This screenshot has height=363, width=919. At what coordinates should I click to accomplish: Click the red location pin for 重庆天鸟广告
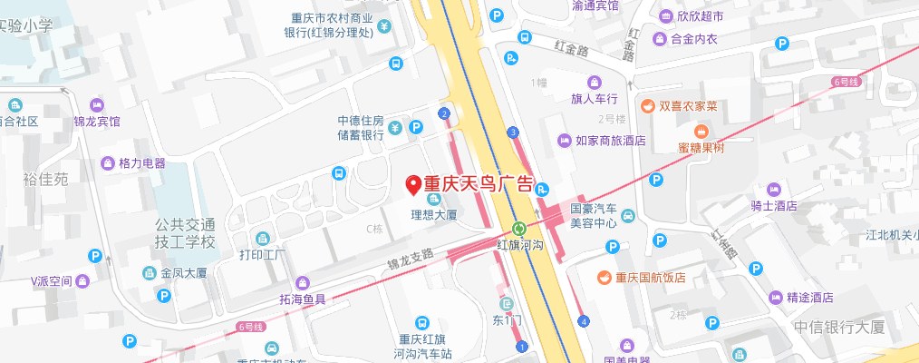pyautogui.click(x=412, y=184)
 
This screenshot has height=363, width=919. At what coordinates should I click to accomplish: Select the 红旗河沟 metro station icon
pyautogui.click(x=519, y=229)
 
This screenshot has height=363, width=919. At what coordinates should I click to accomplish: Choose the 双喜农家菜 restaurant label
pyautogui.click(x=688, y=106)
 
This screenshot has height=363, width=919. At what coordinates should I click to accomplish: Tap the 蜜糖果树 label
pyautogui.click(x=701, y=148)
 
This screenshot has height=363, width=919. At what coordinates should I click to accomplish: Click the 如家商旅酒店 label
pyautogui.click(x=610, y=141)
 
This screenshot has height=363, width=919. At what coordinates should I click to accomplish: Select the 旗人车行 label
pyautogui.click(x=595, y=98)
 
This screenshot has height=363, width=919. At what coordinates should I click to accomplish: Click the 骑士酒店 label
pyautogui.click(x=773, y=205)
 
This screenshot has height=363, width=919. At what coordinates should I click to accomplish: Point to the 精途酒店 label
pyautogui.click(x=809, y=298)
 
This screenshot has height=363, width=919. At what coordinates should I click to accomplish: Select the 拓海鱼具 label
pyautogui.click(x=296, y=299)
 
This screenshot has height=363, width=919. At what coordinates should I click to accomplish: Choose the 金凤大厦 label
pyautogui.click(x=185, y=272)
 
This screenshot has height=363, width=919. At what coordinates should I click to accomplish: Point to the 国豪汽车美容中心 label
pyautogui.click(x=594, y=215)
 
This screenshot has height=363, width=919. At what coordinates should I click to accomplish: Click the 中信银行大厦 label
pyautogui.click(x=838, y=328)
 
